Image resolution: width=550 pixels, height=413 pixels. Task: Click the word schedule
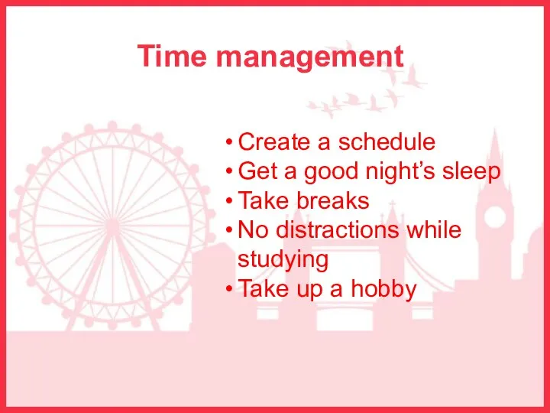(387, 141)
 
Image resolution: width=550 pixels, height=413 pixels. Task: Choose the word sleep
(471, 172)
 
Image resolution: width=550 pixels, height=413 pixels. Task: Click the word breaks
(333, 200)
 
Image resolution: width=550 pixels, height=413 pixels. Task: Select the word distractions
(338, 229)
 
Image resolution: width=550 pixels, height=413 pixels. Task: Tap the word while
(434, 229)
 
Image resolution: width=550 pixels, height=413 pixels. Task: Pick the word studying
(283, 260)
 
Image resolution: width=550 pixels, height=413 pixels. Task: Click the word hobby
(383, 289)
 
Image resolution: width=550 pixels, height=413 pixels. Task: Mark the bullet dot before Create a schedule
(229, 142)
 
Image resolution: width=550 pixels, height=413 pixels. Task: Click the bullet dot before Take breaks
(229, 201)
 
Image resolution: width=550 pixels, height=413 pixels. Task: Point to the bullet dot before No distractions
(229, 230)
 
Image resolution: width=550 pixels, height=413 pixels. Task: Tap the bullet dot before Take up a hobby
(229, 288)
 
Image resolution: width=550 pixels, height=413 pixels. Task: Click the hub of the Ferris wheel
(112, 226)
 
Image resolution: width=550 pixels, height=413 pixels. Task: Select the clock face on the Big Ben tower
(495, 216)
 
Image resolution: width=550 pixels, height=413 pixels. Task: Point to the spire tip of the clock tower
(495, 128)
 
